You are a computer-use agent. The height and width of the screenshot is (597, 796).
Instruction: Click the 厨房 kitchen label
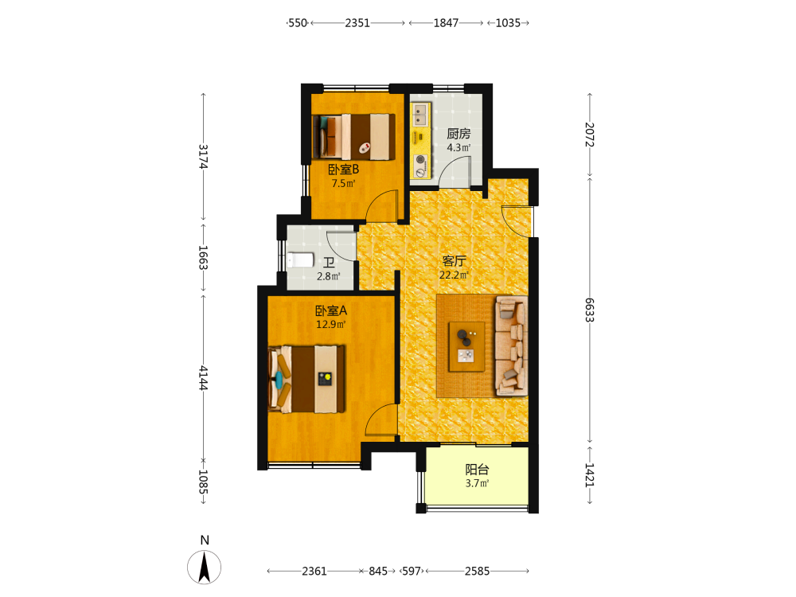(x=458, y=134)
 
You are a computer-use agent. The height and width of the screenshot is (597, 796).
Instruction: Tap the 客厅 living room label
(x=454, y=261)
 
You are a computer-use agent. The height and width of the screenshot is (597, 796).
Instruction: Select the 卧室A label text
(x=331, y=310)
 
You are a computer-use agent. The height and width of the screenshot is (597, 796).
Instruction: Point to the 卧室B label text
(x=343, y=170)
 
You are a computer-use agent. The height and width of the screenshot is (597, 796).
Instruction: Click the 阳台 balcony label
(x=477, y=470)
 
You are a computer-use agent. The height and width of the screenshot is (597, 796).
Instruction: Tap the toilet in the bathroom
(x=301, y=260)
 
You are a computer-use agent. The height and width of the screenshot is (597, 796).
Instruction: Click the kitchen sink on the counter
(x=419, y=115)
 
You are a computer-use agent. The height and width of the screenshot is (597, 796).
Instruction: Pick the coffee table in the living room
(x=466, y=347)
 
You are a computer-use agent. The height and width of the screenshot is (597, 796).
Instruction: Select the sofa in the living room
(x=511, y=345)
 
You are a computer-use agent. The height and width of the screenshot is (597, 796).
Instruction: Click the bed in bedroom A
(x=306, y=379)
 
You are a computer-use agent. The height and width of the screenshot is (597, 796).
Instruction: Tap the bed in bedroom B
(x=353, y=137)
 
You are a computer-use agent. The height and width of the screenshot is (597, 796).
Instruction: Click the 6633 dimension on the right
(x=589, y=310)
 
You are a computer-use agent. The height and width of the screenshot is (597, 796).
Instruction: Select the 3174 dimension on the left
(x=203, y=156)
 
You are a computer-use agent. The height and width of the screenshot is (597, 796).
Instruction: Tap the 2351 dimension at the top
(x=357, y=23)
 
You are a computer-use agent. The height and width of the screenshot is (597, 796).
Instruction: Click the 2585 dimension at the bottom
(x=477, y=571)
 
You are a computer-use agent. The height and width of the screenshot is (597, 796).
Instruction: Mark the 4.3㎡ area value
(x=458, y=148)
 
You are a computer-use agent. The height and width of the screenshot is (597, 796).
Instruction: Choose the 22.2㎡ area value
(x=454, y=275)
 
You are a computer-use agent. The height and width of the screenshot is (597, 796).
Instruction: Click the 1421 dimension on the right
(x=589, y=475)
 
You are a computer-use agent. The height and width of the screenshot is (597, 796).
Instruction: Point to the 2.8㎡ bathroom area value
(x=329, y=277)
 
